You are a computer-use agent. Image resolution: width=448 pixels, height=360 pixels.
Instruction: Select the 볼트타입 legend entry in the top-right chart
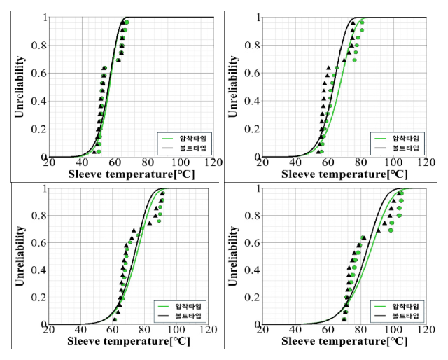pyautogui.click(x=405, y=148)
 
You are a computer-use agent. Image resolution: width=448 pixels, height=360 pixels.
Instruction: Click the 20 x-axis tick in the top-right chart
pyautogui.click(x=262, y=163)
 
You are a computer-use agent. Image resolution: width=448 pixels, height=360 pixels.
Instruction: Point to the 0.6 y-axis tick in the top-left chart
pyautogui.click(x=40, y=74)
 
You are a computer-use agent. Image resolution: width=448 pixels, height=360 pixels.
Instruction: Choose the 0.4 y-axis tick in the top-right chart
pyautogui.click(x=254, y=102)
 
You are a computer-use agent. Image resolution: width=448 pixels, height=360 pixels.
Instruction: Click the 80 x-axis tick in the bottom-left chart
pyautogui.click(x=147, y=331)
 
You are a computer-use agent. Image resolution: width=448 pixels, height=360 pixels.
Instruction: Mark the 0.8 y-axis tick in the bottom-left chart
pyautogui.click(x=40, y=216)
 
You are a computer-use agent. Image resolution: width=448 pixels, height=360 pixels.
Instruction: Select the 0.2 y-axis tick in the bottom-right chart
pyautogui.click(x=254, y=298)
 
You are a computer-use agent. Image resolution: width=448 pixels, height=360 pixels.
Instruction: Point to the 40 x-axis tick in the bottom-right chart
pyautogui.click(x=295, y=331)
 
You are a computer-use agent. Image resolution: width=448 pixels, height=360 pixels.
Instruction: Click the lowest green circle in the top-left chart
pyautogui.click(x=99, y=151)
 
